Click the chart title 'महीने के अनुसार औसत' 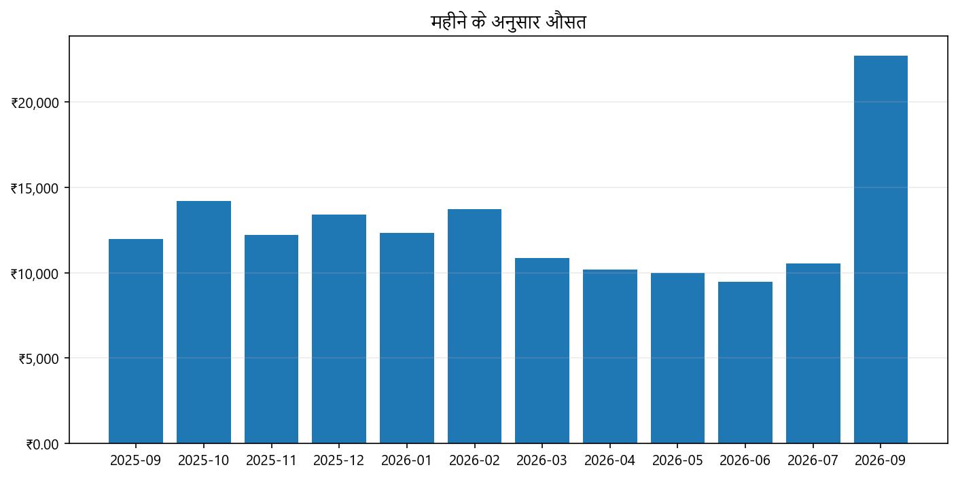point(508,22)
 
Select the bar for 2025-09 point(136,341)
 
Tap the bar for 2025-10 point(203,322)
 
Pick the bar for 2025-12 point(339,329)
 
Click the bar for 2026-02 point(474,326)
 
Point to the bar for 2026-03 point(542,350)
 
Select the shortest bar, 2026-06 point(745,363)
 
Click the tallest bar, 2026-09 point(881,249)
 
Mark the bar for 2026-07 point(813,353)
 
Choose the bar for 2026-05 point(677,358)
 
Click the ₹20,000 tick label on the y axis point(39,103)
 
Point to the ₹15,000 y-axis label point(39,188)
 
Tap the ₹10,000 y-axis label point(39,274)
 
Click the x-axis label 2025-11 point(271,460)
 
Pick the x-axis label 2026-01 point(406,460)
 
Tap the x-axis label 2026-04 point(610,460)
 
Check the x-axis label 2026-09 point(881,460)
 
